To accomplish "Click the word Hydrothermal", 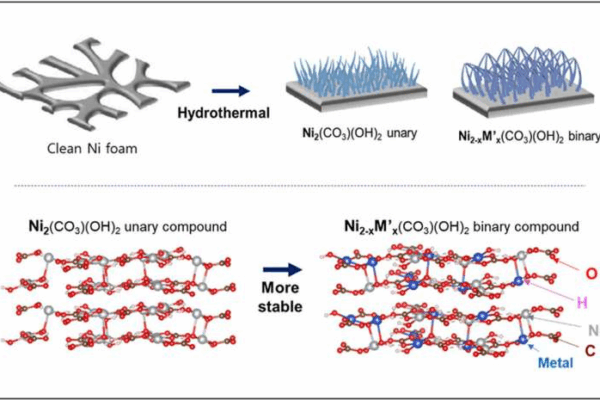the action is (223, 113).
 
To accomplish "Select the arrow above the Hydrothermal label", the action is (231, 91).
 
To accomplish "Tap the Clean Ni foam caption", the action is (92, 149).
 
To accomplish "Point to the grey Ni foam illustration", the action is (94, 84).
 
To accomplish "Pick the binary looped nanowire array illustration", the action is (523, 82).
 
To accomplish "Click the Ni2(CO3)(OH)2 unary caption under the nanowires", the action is (359, 134).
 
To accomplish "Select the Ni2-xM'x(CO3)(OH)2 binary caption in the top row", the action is (529, 137).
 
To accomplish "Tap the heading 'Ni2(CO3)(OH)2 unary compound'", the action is (128, 227).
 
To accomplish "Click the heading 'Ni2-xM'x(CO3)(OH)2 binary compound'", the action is (461, 227).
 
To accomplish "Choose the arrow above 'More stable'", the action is (282, 270).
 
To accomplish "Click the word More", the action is (280, 288).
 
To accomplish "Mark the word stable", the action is (280, 307).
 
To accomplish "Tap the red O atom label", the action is (591, 274).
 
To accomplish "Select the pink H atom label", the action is (582, 303).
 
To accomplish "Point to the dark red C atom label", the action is (590, 350).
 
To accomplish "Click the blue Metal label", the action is (556, 363).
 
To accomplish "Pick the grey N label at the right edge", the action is (594, 330).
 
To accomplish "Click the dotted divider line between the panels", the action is (300, 186).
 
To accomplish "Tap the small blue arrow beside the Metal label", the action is (533, 348).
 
